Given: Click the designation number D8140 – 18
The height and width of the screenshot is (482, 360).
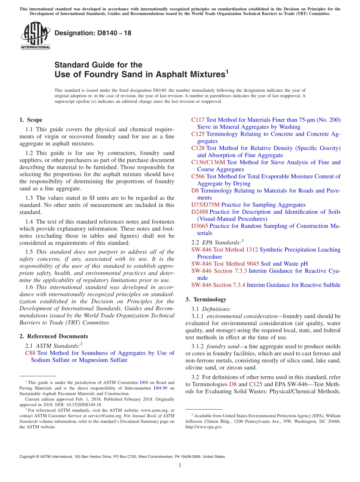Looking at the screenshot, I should coord(93,33).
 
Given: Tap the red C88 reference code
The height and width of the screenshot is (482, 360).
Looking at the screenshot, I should coord(30,353).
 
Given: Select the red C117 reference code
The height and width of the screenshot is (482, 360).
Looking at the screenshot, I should coord(198,120).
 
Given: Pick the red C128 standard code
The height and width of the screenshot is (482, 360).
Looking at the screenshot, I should coord(198,148).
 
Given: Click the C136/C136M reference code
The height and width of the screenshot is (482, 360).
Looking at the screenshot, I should coord(208,162).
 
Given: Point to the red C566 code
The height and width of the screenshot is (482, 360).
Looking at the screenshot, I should coord(198,177).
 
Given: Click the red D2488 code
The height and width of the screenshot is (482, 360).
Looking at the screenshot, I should coord(200,212).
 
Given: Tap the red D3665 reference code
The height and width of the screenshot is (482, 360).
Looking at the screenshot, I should coord(200,226).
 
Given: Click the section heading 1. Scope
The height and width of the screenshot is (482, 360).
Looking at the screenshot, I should coord(31,120).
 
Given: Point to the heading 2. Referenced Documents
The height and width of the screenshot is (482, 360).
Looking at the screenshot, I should coord(53,336).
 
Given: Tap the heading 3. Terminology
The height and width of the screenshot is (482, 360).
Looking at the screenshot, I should coord(206,299).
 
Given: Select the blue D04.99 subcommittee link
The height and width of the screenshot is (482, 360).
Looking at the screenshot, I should coord(161,388).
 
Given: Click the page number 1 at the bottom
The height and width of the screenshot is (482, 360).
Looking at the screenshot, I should coord(180,466).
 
